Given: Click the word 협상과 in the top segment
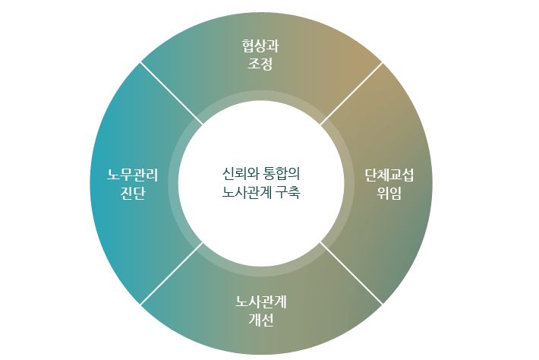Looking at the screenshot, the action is tap(260, 46).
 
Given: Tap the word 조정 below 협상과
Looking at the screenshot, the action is tap(260, 64).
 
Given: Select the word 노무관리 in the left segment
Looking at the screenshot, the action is tap(133, 175).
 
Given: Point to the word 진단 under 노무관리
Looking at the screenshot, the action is tap(133, 193).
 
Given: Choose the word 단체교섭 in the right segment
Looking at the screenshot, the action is tap(389, 175).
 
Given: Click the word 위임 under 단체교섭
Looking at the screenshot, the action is tap(389, 193).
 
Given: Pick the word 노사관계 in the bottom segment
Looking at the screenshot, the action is tap(261, 302).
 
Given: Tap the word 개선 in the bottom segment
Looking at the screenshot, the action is tap(261, 320).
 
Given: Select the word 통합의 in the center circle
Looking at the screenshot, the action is tap(282, 174).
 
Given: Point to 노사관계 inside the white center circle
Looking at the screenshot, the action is tap(247, 192).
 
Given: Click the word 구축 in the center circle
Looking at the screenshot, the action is tap(288, 192).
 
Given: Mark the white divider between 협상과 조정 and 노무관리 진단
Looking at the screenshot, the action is tap(172, 93).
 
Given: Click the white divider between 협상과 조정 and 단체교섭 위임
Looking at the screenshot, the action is tap(351, 93).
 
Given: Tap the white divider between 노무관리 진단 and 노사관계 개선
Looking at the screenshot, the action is tap(172, 273).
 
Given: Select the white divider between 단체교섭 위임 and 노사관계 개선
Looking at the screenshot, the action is tap(351, 273).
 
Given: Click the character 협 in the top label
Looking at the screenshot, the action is tap(248, 46).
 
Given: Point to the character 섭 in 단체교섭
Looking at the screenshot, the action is tap(408, 175).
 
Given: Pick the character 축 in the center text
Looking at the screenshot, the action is tap(295, 192).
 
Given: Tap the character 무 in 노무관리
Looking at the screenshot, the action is tap(127, 175).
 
